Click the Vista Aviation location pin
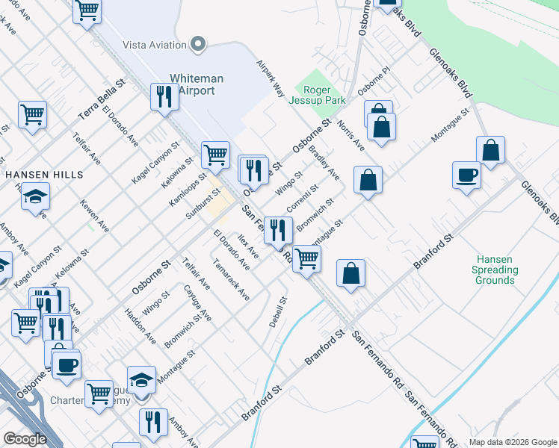pyautogui.click(x=198, y=45)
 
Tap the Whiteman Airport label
pyautogui.click(x=192, y=84)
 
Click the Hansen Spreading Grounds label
pyautogui.click(x=495, y=270)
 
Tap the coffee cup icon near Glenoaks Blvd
pyautogui.click(x=467, y=175)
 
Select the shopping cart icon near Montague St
pyautogui.click(x=306, y=258)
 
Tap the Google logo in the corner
pyautogui.click(x=25, y=438)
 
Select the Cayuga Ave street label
pyautogui.click(x=197, y=302)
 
